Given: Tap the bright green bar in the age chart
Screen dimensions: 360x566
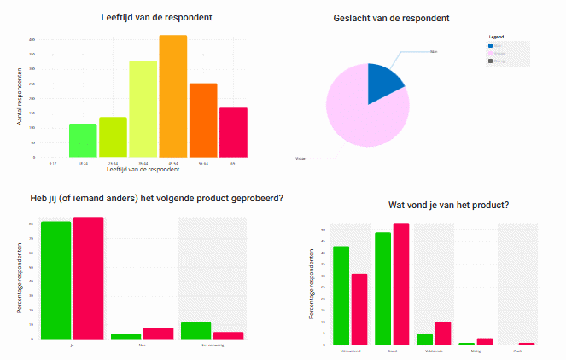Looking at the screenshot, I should point(83,141).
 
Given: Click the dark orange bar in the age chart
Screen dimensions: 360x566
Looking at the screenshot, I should point(203,120).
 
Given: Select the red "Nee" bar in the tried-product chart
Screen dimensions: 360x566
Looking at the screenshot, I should point(158,334).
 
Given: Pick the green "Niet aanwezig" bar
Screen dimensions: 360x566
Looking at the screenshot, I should point(195,330).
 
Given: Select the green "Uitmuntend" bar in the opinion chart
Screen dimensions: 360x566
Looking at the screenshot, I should point(341,295).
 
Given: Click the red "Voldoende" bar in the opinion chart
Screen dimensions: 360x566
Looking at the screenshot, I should point(442,334).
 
